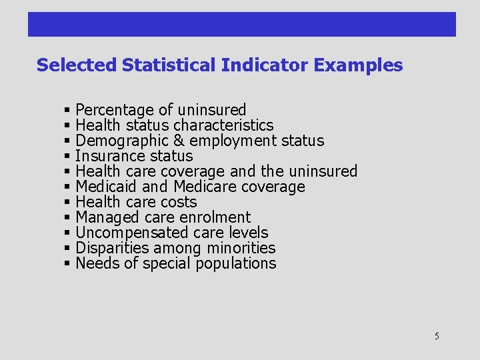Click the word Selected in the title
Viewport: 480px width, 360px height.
[77, 65]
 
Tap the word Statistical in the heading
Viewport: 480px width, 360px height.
[169, 65]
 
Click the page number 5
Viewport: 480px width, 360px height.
[437, 336]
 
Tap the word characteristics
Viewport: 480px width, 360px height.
[223, 125]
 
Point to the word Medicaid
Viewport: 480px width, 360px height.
[106, 187]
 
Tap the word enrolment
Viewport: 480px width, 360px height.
[219, 217]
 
